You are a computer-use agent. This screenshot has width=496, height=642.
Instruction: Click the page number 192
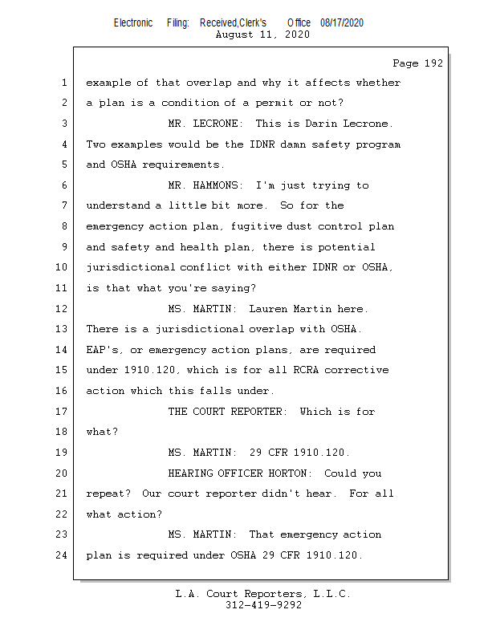pos(433,63)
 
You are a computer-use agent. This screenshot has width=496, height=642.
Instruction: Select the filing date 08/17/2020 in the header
pos(342,23)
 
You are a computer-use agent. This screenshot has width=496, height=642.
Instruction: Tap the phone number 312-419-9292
pos(263,605)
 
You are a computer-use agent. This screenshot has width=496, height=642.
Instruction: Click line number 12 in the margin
pos(61,308)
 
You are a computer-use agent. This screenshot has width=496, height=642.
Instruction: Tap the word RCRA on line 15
pos(306,370)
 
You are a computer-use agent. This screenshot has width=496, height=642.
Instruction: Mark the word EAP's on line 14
pos(103,350)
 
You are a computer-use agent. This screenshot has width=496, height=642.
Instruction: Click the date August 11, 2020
pos(262,35)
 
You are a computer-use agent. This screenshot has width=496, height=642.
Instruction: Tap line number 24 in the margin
pos(61,555)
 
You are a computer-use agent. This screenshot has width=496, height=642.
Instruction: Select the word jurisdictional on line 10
pos(131,267)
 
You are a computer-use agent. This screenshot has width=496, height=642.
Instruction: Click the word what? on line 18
pos(102,432)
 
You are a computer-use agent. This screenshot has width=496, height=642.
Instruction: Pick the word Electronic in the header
pos(133,23)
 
